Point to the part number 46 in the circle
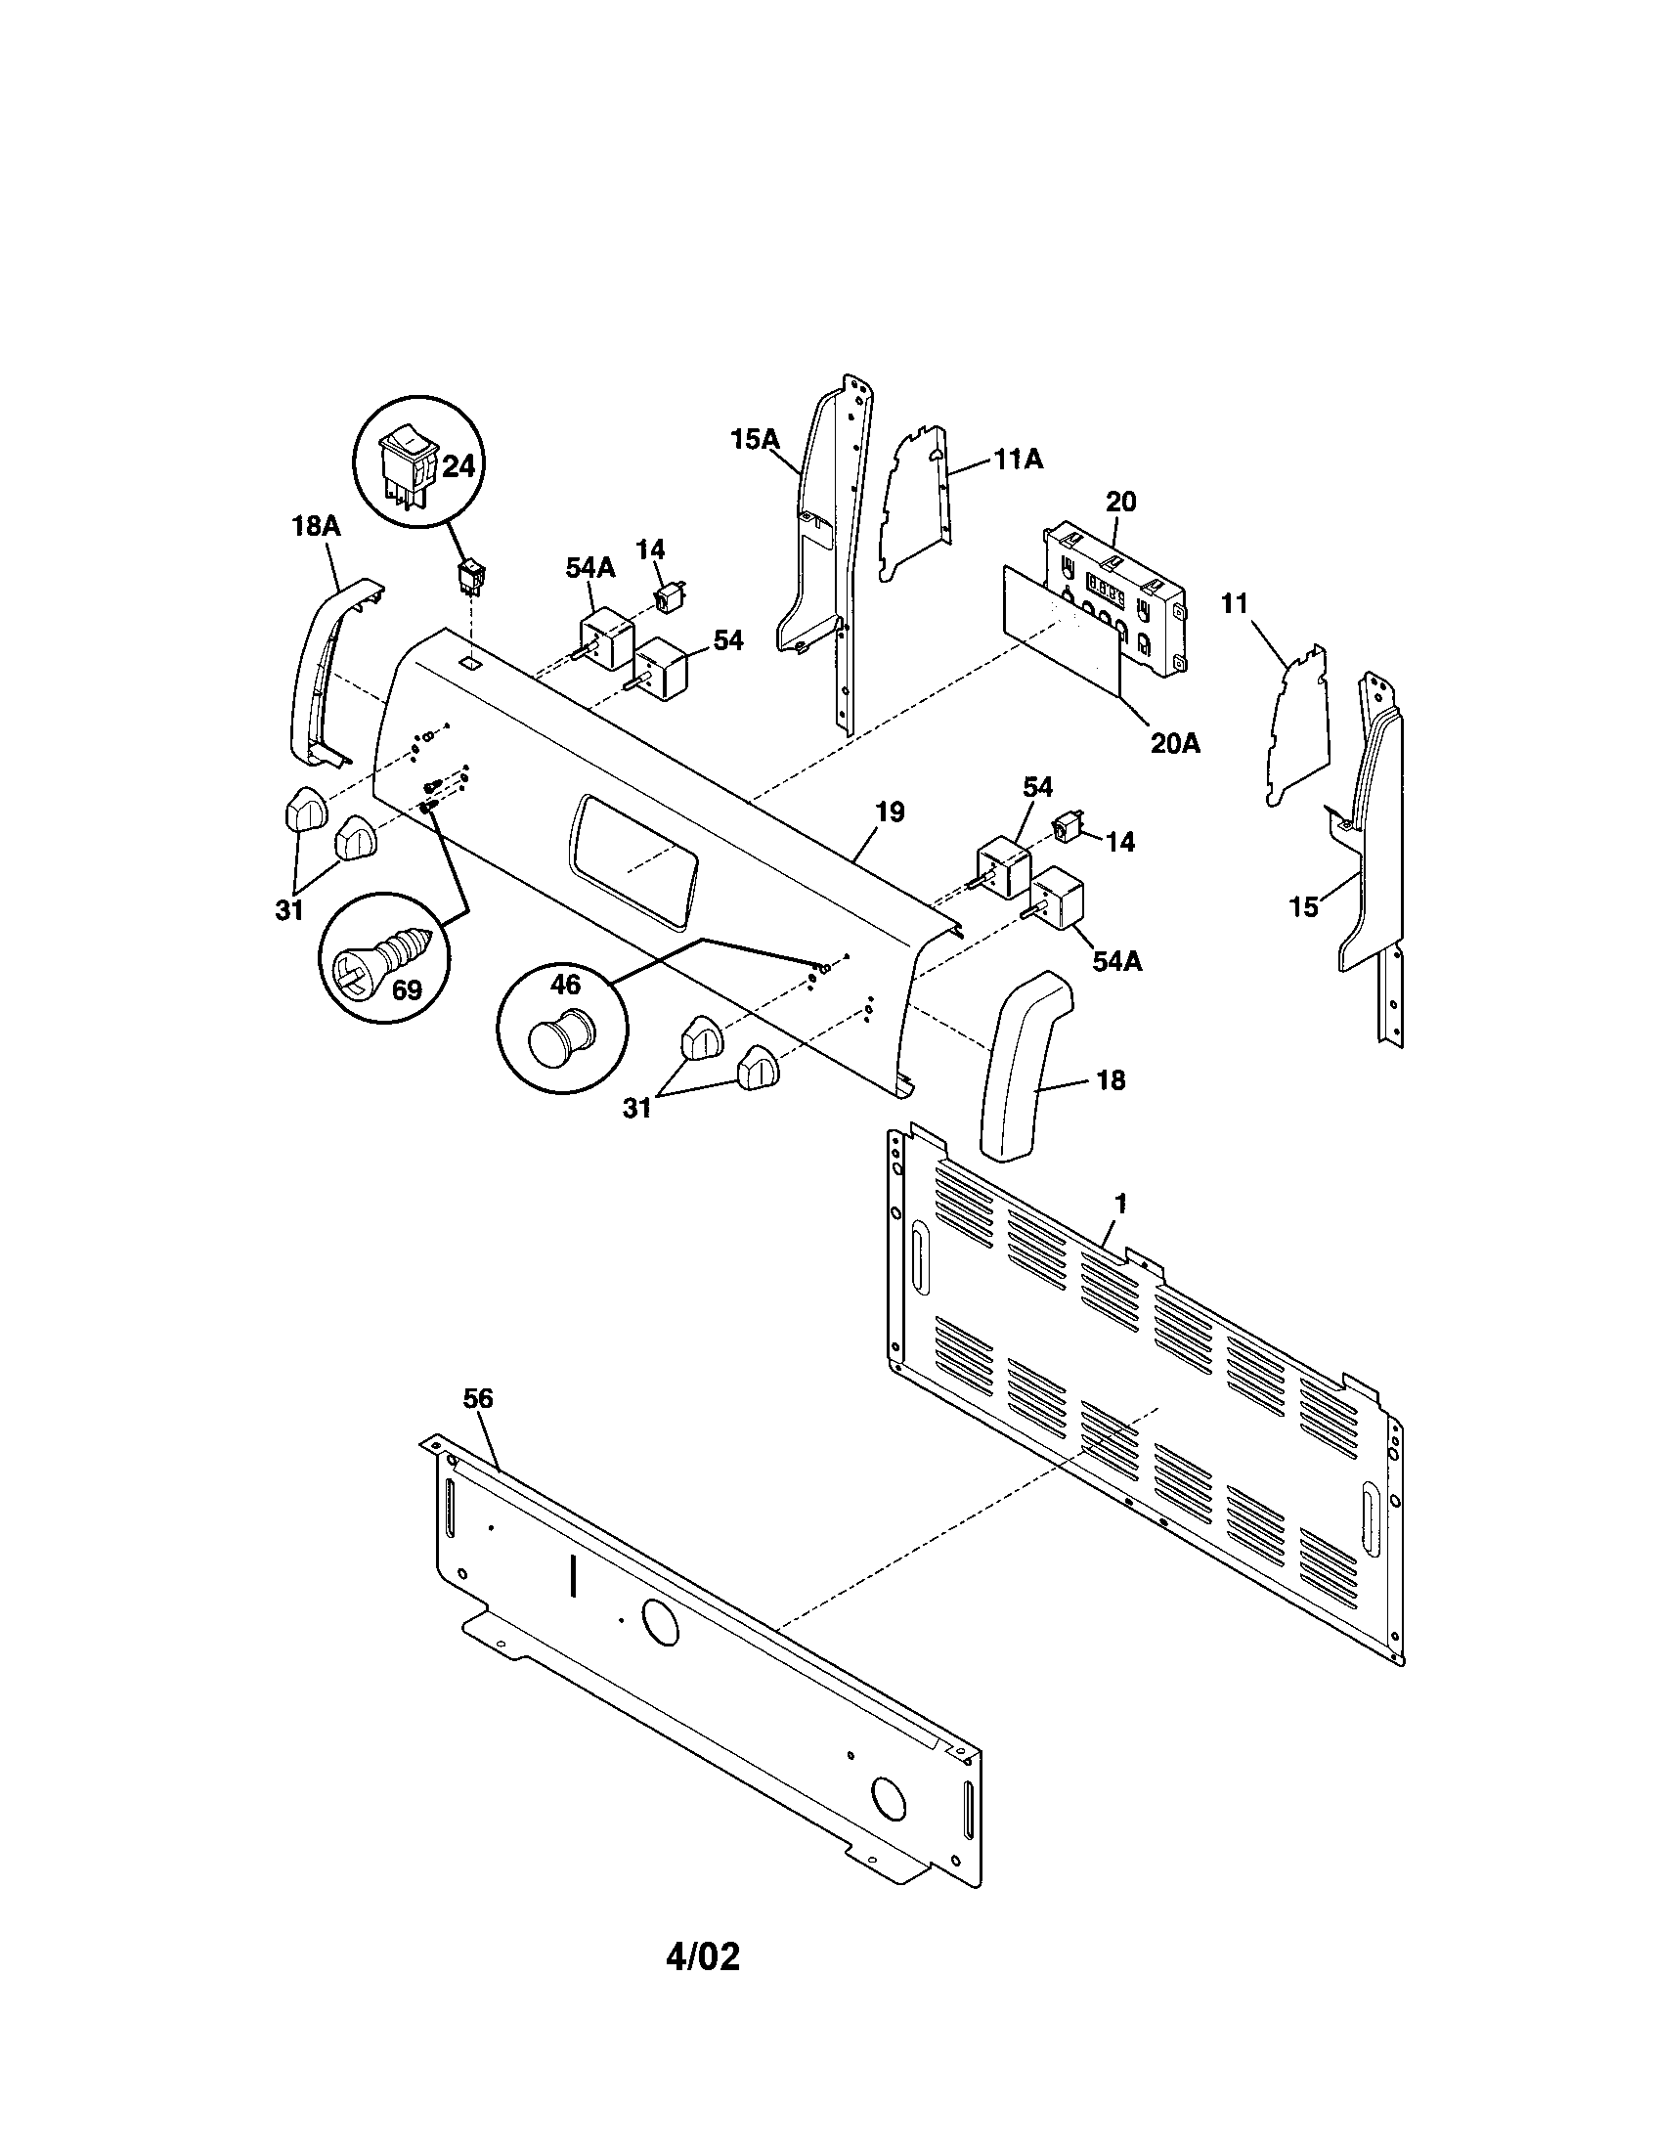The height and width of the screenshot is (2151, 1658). pyautogui.click(x=565, y=985)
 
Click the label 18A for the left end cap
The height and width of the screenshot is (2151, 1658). pyautogui.click(x=316, y=526)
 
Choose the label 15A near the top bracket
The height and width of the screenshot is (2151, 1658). pyautogui.click(x=755, y=439)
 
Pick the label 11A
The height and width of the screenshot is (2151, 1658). pyautogui.click(x=1018, y=459)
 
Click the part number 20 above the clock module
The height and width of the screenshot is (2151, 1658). pyautogui.click(x=1120, y=502)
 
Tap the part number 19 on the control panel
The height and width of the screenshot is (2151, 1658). pyautogui.click(x=889, y=812)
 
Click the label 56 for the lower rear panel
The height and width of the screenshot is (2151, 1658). pyautogui.click(x=477, y=1398)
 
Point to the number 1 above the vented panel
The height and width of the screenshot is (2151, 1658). pyautogui.click(x=1120, y=1204)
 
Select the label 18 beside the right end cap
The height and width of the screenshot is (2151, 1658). pyautogui.click(x=1110, y=1080)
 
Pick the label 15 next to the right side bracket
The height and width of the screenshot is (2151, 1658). pyautogui.click(x=1303, y=906)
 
